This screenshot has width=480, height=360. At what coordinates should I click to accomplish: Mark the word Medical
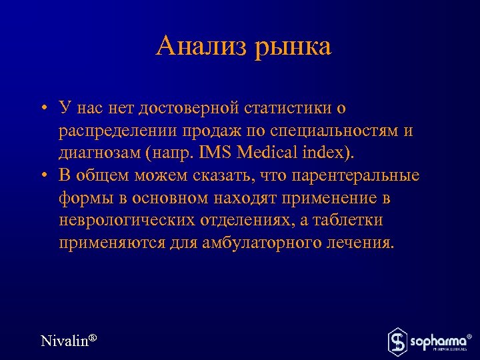[266, 153]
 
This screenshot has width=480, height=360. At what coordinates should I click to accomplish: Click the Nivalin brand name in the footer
[65, 341]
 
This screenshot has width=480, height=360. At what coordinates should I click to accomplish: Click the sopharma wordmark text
[437, 341]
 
